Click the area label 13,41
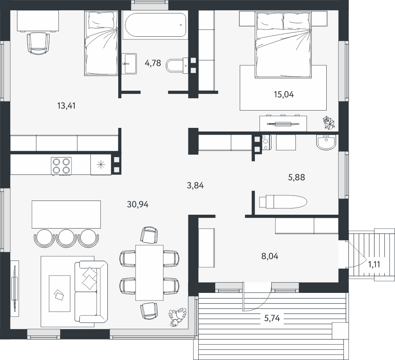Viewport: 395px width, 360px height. point(66,106)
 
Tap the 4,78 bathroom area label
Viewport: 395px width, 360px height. point(152,63)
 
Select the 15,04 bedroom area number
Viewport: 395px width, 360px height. point(284,95)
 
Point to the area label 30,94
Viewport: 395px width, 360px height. point(137,204)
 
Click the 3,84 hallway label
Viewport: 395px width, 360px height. point(195,186)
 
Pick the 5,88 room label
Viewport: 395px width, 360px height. point(297,178)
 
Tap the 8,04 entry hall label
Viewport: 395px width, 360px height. point(270,256)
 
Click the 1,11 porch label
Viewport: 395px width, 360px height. point(374,264)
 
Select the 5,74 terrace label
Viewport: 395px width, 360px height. point(272,319)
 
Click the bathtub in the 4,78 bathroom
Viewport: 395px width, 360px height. point(154,25)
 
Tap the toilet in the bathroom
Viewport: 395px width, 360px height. point(176,66)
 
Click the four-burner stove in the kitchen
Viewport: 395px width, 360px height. point(61,166)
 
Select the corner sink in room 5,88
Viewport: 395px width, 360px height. point(327,142)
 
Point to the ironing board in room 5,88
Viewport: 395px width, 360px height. point(283,202)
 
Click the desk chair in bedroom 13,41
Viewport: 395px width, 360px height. point(38,43)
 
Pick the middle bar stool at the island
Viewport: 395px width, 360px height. point(66,238)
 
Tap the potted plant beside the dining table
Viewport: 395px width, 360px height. point(178,317)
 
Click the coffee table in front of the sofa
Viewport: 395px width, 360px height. point(60,293)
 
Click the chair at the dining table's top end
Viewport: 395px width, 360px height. point(149,235)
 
